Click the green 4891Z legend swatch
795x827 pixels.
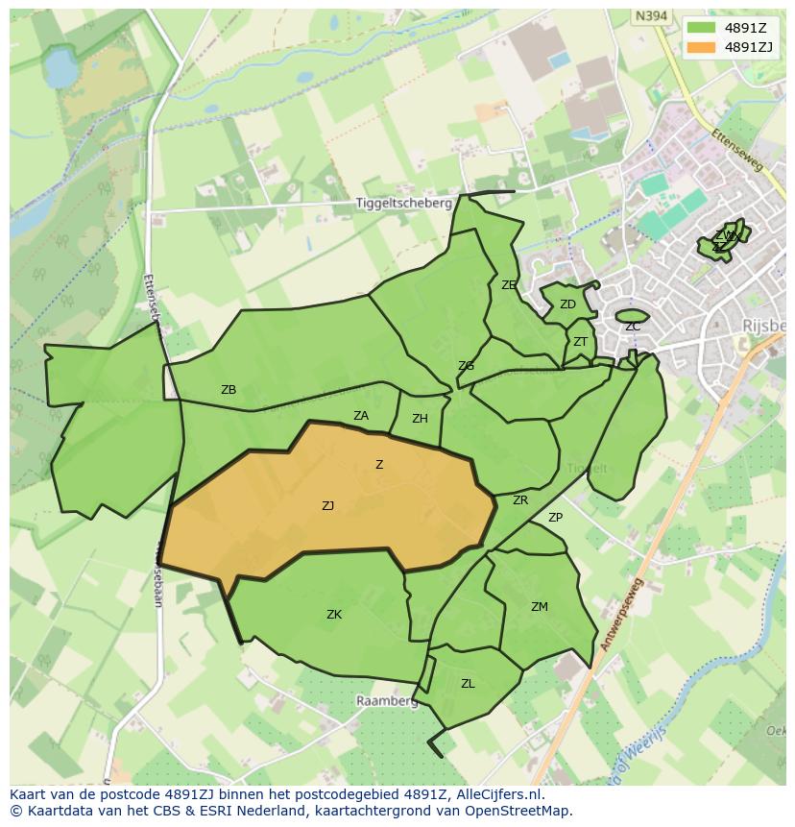click(702, 28)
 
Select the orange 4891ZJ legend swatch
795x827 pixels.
click(702, 47)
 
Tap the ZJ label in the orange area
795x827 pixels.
click(327, 505)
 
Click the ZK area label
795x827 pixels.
click(334, 615)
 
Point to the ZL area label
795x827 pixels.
click(468, 684)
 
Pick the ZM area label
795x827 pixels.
click(540, 606)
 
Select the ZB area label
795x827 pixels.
click(229, 390)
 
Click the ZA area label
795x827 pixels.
click(361, 416)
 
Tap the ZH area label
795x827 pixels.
click(420, 419)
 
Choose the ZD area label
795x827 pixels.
click(567, 304)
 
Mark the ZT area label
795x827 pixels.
click(580, 342)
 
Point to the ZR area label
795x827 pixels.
click(520, 500)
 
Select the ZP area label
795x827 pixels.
click(555, 518)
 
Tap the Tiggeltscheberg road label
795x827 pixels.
click(403, 204)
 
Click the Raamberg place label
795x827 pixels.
click(387, 701)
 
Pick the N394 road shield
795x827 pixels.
click(650, 15)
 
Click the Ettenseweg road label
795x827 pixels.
click(737, 151)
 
